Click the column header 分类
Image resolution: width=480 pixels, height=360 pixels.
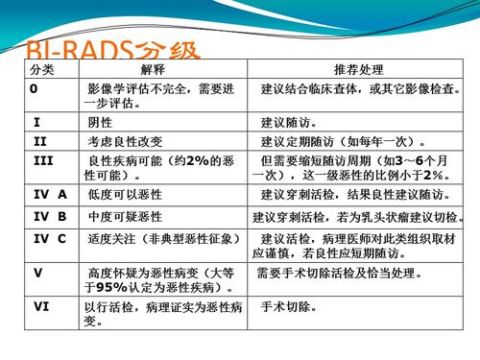pos(42,70)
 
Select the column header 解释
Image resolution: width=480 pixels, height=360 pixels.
pos(153,70)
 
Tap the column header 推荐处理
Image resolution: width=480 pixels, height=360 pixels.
pos(358,70)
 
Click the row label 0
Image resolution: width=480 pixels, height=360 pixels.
pos(34,88)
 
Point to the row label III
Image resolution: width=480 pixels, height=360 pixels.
pos(42,159)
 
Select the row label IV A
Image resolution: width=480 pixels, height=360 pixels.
pos(49,195)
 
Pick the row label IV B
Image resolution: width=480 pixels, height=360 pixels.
pos(49,217)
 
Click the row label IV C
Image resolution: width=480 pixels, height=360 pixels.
pos(49,238)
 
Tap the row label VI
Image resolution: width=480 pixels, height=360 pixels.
pos(40,308)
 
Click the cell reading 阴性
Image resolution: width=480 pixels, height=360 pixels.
pos(100,123)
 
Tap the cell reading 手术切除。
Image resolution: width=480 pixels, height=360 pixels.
pos(292,308)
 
